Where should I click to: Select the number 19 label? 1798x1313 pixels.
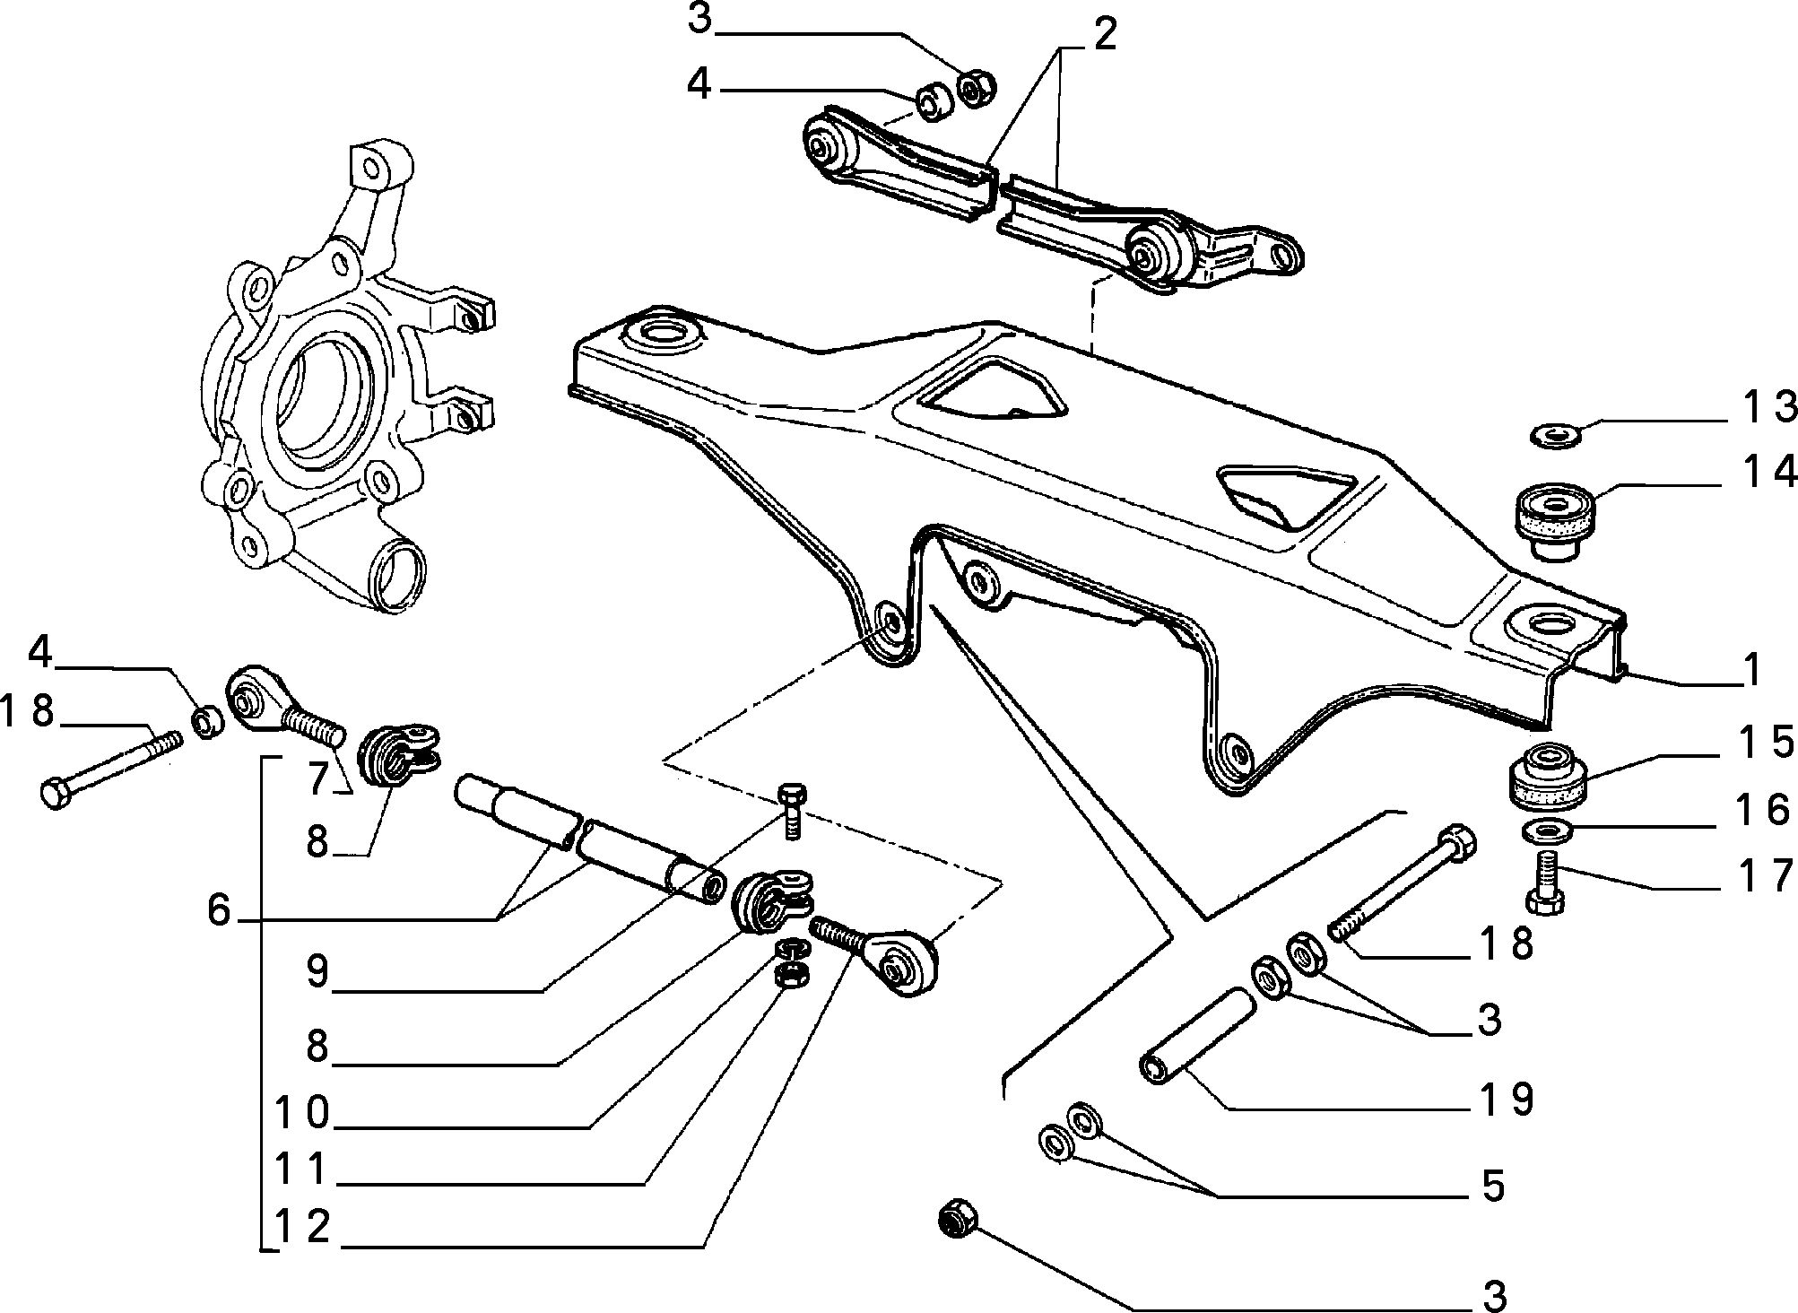[x=1507, y=1100]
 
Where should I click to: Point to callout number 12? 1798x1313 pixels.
[x=302, y=1227]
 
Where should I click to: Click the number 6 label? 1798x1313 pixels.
[x=220, y=911]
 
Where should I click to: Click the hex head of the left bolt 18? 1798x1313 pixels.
[x=57, y=795]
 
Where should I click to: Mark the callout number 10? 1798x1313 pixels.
[x=302, y=1115]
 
